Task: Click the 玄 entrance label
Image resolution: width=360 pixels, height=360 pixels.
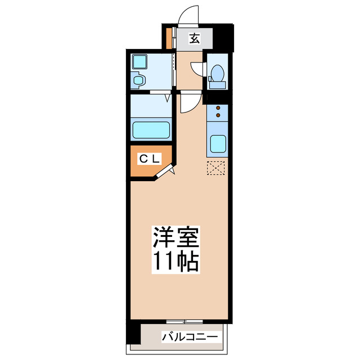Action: click(x=194, y=39)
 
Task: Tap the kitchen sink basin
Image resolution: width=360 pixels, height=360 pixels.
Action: click(x=217, y=146)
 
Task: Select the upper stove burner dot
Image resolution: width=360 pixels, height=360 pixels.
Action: click(x=217, y=107)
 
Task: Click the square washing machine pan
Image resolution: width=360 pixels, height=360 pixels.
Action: click(x=139, y=62)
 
